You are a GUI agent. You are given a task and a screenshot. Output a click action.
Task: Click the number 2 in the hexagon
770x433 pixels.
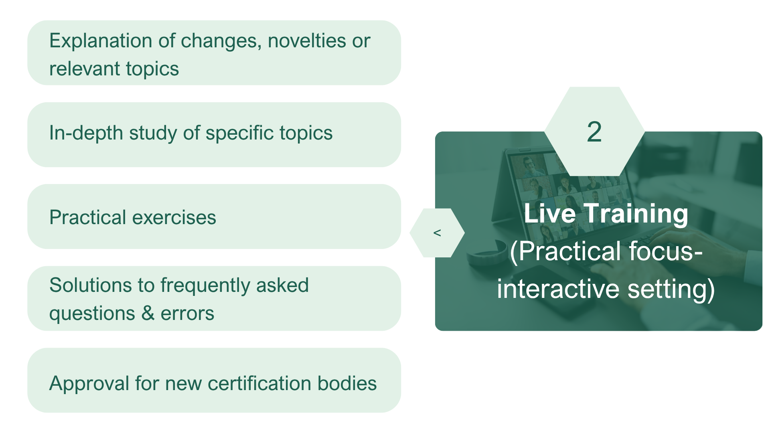coord(594,132)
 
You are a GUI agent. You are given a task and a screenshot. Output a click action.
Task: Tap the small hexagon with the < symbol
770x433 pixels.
coord(437,233)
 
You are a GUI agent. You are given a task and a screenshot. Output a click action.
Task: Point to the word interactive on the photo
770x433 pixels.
coord(558,288)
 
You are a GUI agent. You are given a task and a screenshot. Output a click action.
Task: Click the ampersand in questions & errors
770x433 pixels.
coord(148,313)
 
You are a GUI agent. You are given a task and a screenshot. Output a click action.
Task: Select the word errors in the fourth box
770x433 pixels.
coord(187,313)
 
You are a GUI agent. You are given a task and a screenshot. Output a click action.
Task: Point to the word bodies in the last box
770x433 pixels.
coord(347,384)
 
